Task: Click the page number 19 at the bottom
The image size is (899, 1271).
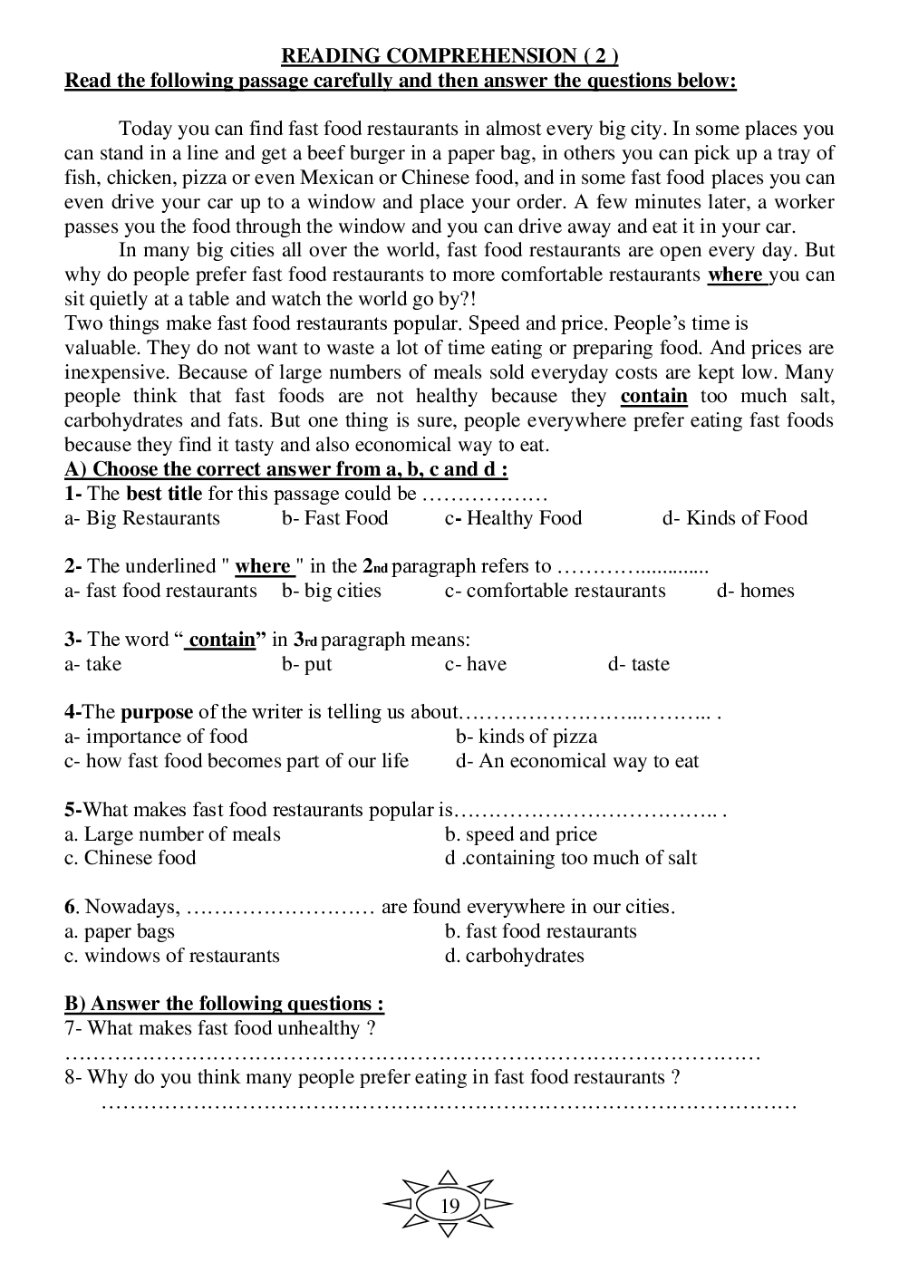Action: point(449,1206)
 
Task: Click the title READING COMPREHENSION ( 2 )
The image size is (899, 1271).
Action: point(449,56)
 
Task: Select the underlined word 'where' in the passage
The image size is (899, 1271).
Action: point(735,274)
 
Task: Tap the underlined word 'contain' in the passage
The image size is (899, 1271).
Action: point(653,396)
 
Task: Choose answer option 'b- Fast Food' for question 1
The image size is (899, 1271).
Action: point(334,518)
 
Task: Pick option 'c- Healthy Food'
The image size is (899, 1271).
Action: point(513,518)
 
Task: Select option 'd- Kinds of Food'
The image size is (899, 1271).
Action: point(734,518)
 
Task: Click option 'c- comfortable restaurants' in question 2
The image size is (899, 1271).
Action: point(555,591)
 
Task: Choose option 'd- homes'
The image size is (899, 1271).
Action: point(755,591)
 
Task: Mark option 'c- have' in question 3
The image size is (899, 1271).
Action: point(475,664)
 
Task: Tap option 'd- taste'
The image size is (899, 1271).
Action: point(638,664)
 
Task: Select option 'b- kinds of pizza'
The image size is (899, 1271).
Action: point(527,737)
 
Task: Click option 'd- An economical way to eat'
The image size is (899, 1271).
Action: point(577,761)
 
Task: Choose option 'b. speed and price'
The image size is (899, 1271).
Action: point(521,834)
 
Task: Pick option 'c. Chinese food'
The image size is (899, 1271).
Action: point(130,858)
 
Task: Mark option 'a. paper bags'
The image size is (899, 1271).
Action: point(119,931)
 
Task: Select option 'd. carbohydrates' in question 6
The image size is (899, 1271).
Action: point(514,956)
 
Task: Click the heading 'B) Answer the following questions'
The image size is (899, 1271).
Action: point(224,1004)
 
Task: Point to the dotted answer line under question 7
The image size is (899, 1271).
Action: point(412,1054)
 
